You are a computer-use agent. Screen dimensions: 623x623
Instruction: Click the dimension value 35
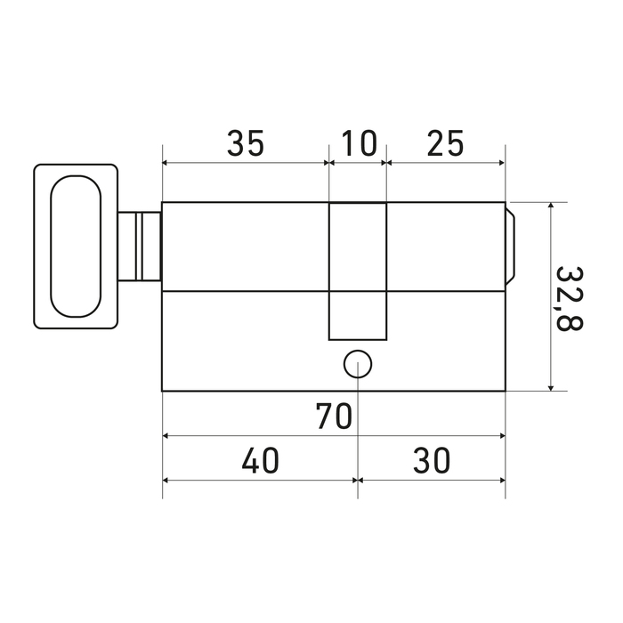246,143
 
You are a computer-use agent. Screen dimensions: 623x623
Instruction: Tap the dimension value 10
359,143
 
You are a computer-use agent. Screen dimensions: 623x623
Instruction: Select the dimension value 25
445,143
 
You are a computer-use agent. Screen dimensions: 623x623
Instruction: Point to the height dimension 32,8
569,298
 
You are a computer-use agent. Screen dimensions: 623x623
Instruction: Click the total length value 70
334,417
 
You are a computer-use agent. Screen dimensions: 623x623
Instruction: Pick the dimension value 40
261,460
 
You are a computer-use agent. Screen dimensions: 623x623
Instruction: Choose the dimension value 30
432,460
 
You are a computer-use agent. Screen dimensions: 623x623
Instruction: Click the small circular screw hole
358,364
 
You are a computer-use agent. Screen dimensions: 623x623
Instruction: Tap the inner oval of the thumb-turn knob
76,247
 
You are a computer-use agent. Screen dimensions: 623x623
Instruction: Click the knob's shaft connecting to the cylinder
140,247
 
